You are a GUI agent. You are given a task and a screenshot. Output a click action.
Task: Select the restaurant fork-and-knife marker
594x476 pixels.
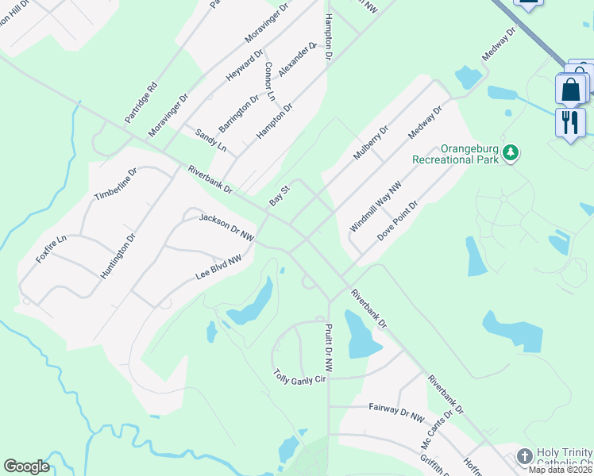pyautogui.click(x=570, y=122)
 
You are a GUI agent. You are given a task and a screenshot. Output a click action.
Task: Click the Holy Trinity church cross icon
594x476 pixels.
pyautogui.click(x=523, y=456)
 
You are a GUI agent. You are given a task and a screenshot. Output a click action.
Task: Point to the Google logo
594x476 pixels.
pyautogui.click(x=27, y=466)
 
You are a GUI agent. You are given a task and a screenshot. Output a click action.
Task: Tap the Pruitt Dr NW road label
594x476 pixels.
pyautogui.click(x=328, y=346)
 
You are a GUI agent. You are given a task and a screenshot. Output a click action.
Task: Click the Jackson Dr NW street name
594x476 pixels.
pyautogui.click(x=226, y=227)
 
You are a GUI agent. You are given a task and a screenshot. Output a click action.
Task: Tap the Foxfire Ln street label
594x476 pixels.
pyautogui.click(x=51, y=249)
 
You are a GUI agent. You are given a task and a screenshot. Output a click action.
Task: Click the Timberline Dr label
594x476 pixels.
pyautogui.click(x=116, y=184)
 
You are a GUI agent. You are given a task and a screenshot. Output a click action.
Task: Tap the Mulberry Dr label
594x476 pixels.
pyautogui.click(x=371, y=142)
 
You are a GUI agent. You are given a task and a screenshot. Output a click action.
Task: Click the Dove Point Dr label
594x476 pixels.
pyautogui.click(x=397, y=221)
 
